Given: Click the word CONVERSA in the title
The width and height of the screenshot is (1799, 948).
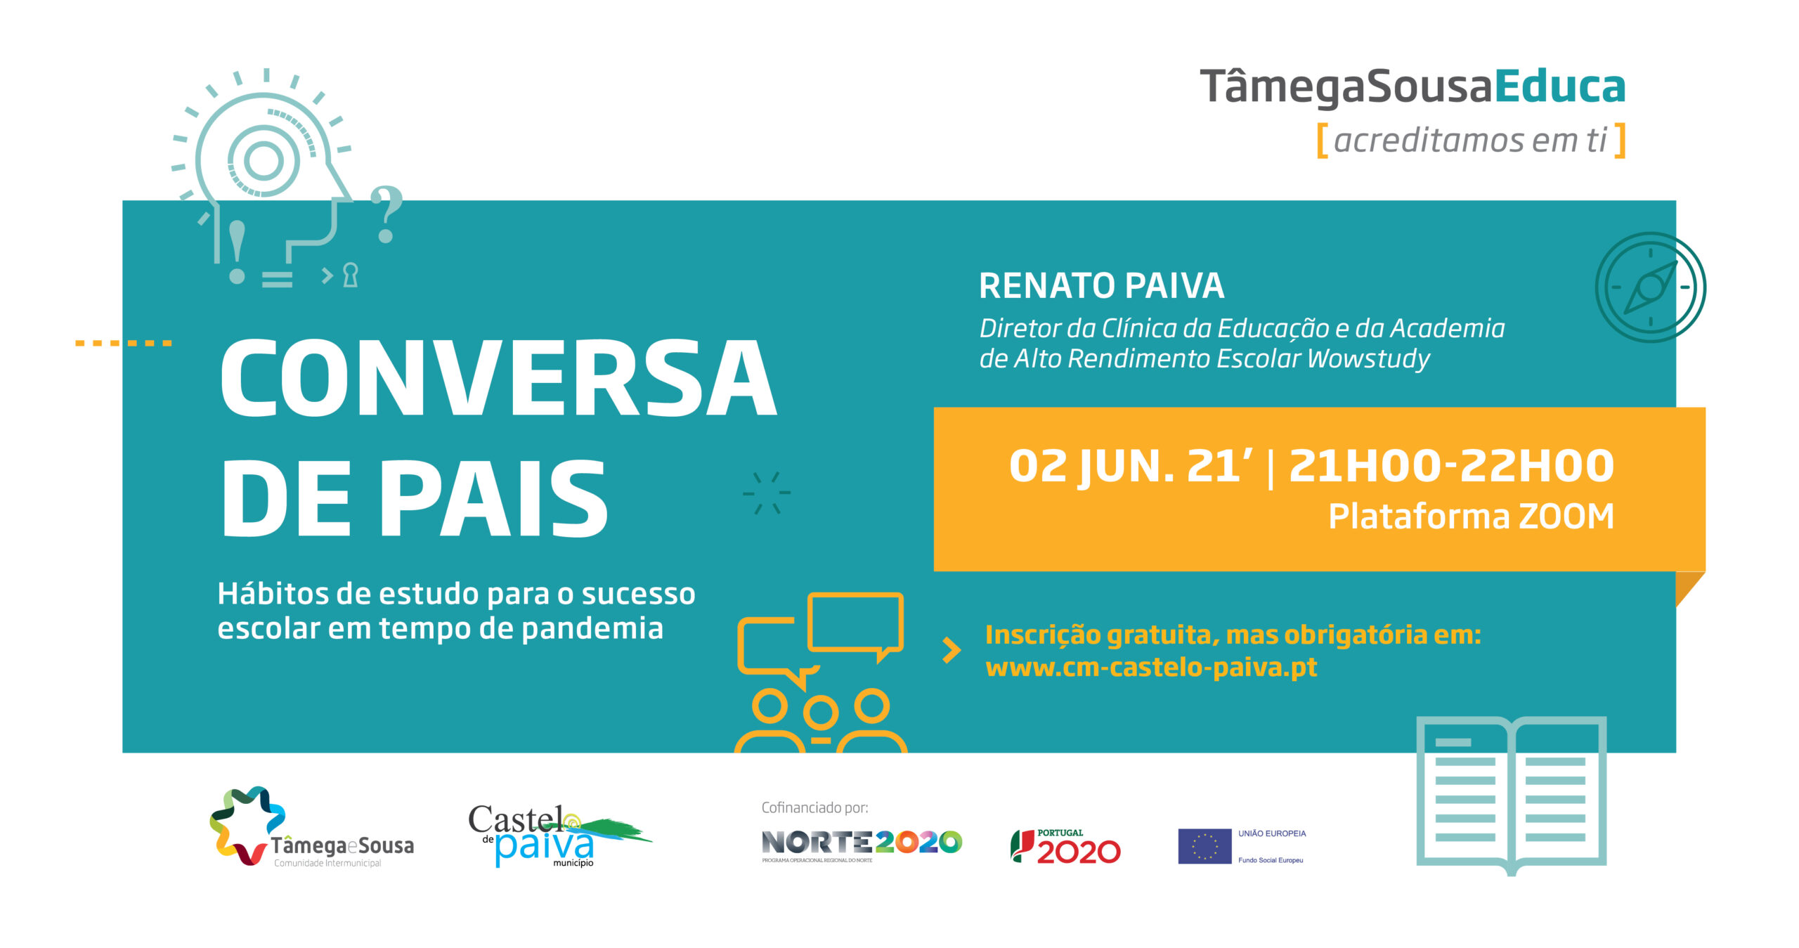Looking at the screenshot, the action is (x=499, y=377).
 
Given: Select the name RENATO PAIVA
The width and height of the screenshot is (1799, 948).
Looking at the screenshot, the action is (x=1101, y=286).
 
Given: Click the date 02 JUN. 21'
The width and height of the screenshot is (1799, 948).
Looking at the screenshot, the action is (x=1130, y=467).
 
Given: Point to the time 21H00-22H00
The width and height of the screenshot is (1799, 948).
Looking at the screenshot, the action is (x=1451, y=466).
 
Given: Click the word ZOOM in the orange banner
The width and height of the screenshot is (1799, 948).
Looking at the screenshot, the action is (x=1566, y=517).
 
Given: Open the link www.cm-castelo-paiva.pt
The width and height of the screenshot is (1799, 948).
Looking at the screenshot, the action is (x=1151, y=667).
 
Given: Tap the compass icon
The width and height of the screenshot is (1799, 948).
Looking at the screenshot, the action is (x=1650, y=287).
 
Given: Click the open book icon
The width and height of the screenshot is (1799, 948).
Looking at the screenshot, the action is (x=1512, y=795).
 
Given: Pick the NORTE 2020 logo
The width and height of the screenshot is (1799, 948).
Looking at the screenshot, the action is (x=862, y=845).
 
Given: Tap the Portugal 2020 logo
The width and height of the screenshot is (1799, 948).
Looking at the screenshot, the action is (x=1065, y=847).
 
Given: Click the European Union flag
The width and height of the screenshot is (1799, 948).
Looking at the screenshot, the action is (x=1204, y=846).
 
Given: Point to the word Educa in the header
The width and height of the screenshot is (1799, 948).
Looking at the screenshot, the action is (x=1559, y=86).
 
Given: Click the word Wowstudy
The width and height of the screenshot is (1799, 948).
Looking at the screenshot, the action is (x=1368, y=359).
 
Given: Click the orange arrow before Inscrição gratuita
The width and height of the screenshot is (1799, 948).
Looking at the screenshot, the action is (x=952, y=650).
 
